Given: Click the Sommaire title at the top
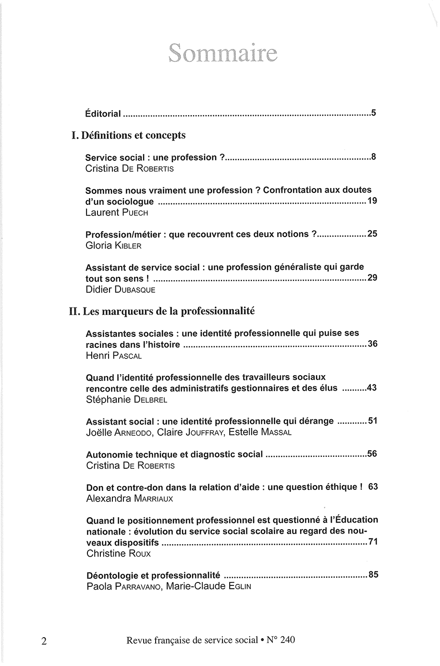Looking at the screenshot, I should tap(223, 54).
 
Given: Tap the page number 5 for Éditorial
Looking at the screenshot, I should tap(373, 114).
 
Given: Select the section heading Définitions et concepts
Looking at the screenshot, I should tap(128, 135).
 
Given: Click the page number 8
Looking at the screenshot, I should tap(373, 157).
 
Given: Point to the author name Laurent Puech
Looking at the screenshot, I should tap(117, 213).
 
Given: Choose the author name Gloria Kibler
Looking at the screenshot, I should tap(113, 246).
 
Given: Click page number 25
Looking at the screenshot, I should tap(372, 234).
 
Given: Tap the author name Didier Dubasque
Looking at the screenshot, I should tap(121, 290).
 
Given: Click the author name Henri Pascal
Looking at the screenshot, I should tap(114, 356).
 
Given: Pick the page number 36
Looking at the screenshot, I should tap(372, 344).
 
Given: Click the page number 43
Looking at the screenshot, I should tap(371, 388).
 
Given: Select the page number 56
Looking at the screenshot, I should tap(372, 453).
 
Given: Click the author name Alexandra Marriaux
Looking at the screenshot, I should tap(130, 499).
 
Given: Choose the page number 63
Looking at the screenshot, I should tap(373, 487).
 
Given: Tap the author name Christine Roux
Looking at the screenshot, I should tap(119, 554).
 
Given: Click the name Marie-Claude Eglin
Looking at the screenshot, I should tap(208, 586).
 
